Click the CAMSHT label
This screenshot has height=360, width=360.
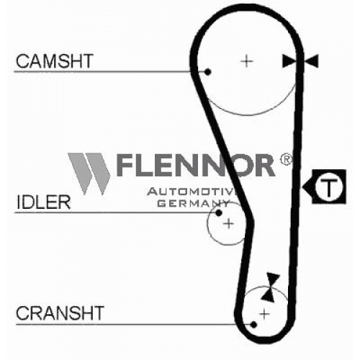coord(55,61)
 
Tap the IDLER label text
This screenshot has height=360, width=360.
coord(43,202)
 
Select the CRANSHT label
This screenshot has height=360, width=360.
coord(60,313)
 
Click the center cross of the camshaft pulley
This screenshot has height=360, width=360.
coord(247,61)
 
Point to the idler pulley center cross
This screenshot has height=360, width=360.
coord(228,224)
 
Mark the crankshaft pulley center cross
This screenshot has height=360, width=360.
coord(264,314)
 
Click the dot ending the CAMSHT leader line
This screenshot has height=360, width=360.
coord(208,71)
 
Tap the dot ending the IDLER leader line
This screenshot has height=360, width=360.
coord(218,212)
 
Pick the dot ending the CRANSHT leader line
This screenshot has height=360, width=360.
coord(253,325)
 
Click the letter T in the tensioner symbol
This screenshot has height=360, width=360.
coord(328,186)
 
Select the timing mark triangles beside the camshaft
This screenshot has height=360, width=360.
coord(300,61)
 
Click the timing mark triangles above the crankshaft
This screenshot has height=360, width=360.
coord(271,287)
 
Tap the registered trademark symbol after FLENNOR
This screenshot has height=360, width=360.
coord(286,159)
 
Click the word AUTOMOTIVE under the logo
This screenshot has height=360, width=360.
coord(191,192)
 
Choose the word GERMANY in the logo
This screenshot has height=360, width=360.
coord(194,204)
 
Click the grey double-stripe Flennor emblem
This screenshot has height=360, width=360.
coord(89,174)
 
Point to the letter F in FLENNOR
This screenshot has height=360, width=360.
coord(125,165)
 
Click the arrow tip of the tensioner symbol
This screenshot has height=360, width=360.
coord(303,186)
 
